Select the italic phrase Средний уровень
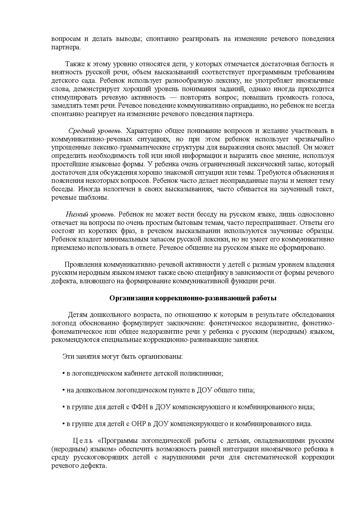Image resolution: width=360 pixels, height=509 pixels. point(96,130)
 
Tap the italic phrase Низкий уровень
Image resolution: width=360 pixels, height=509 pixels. point(90,214)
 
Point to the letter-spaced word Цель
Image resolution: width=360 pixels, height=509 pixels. point(82,441)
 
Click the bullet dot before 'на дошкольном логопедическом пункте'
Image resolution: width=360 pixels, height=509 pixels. point(64,390)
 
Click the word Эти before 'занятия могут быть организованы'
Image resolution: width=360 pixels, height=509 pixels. point(68,356)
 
